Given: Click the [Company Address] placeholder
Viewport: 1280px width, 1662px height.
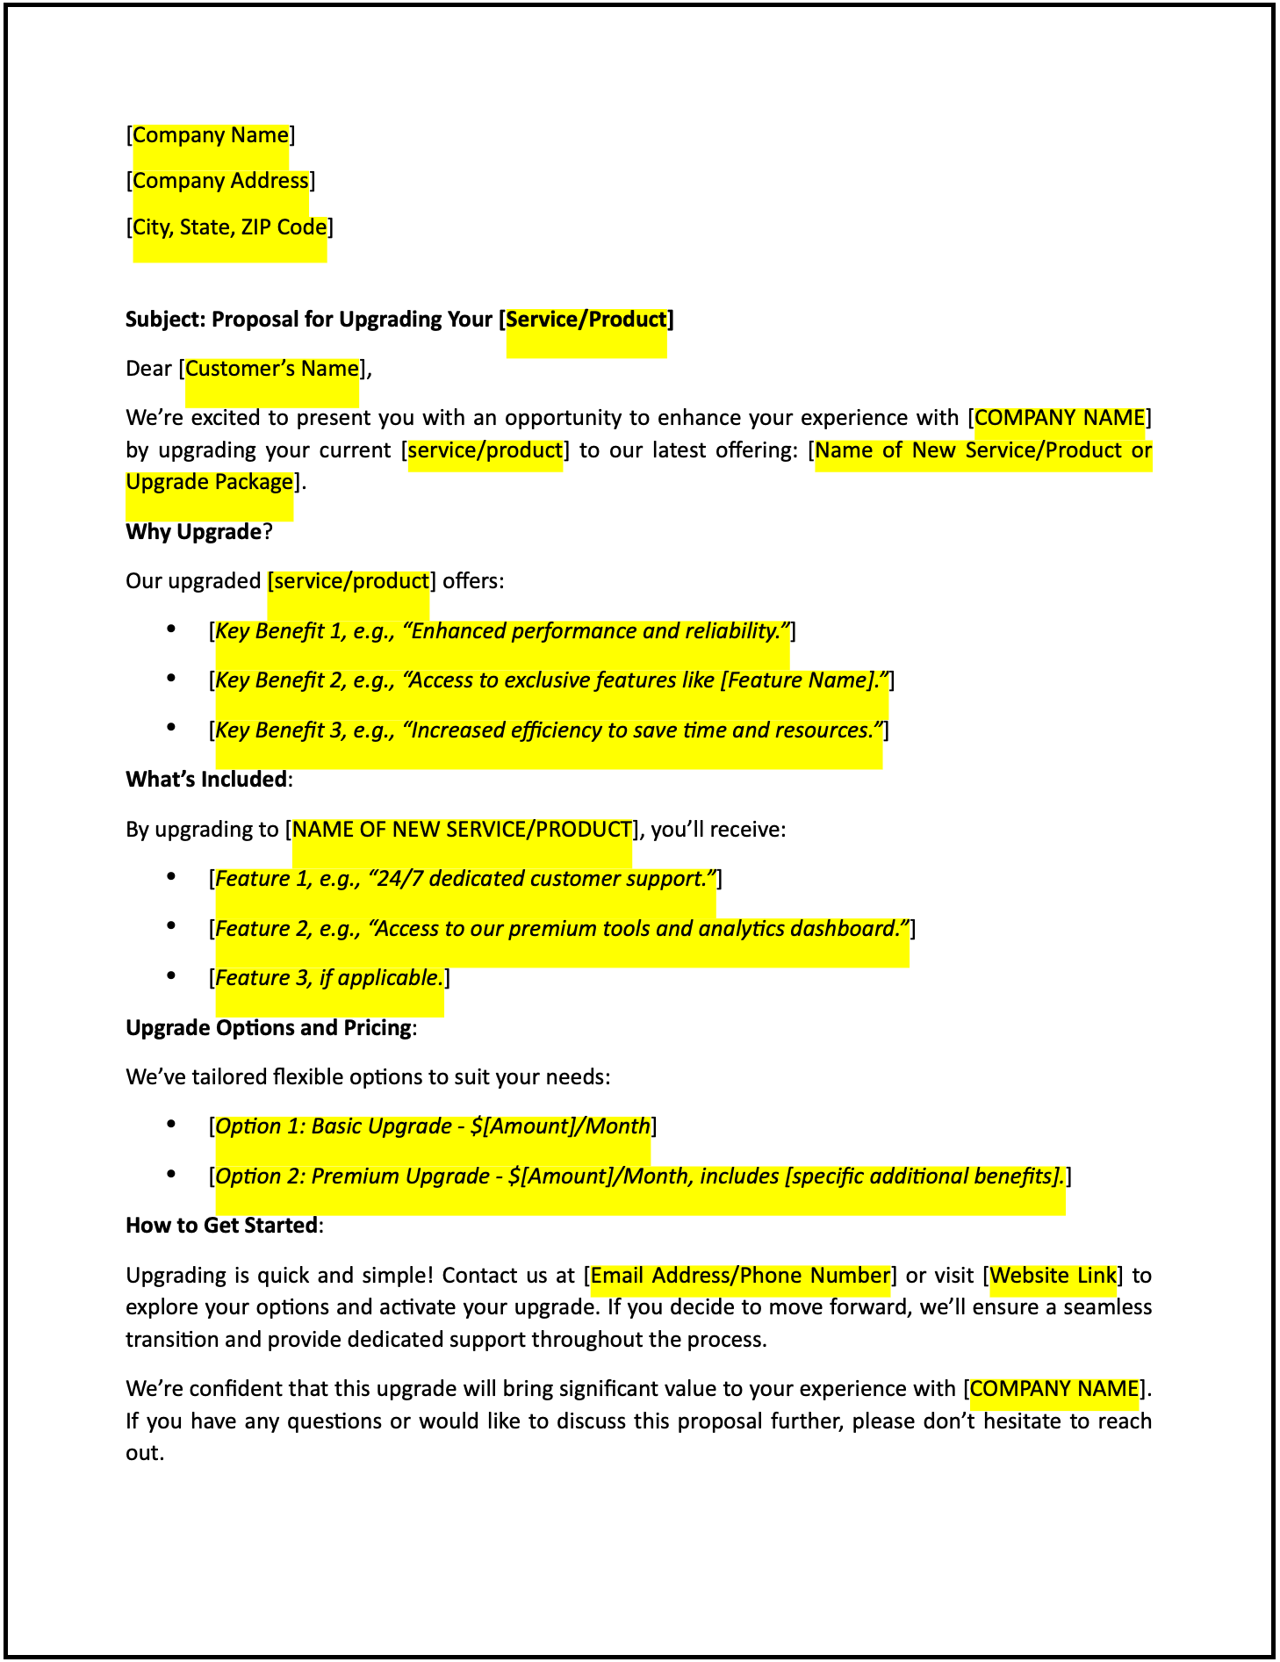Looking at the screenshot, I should tap(220, 181).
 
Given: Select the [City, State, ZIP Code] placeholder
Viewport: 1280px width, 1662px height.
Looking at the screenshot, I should tap(229, 227).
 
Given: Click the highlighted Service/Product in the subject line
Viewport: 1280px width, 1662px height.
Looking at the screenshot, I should tap(586, 319).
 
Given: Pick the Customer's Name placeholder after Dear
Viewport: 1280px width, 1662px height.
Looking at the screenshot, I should tap(272, 369).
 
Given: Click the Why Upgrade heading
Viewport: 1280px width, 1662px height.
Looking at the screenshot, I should tap(194, 532).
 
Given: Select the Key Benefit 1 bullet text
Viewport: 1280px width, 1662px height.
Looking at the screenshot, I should tap(501, 631).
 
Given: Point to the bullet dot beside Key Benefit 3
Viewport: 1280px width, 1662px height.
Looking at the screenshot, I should tap(172, 728).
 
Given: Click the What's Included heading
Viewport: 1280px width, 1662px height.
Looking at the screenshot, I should tap(206, 780).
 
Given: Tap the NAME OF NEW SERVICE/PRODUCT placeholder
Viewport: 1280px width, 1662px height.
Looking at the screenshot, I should tap(462, 830).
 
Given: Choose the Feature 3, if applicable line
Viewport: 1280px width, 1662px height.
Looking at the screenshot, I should tap(329, 978).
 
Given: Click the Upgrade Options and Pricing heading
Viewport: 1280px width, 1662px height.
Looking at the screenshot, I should tap(269, 1028).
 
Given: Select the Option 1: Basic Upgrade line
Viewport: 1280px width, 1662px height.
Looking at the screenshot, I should tap(433, 1126).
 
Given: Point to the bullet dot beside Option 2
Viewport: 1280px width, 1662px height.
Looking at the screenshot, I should tap(172, 1174).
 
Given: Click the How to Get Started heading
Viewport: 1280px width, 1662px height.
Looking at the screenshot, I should tap(221, 1226).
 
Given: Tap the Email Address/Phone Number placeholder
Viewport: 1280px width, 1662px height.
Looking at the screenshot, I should tap(740, 1276).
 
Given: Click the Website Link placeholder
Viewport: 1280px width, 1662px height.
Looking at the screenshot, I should tap(1053, 1276).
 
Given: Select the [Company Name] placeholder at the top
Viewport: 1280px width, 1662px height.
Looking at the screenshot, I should tap(211, 135).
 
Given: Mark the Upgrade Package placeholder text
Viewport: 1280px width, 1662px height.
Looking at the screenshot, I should tap(209, 482).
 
